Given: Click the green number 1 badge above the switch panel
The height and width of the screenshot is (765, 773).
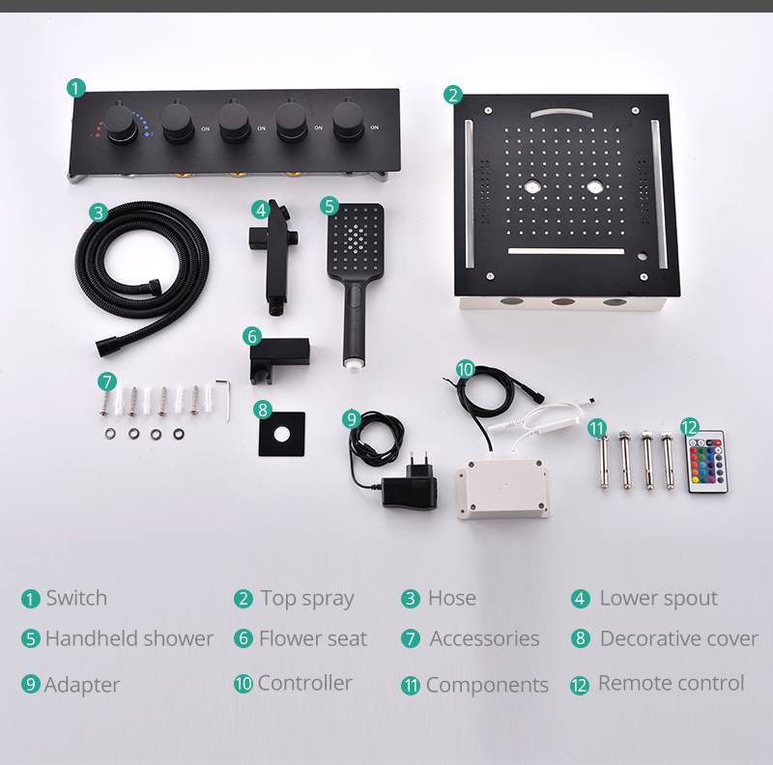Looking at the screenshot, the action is pos(76,88).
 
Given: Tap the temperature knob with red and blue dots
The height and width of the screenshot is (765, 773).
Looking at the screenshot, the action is pos(120,125).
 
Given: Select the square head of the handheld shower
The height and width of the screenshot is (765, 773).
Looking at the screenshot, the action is pos(355,241).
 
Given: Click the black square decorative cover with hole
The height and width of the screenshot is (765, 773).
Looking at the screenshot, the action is pos(282,435).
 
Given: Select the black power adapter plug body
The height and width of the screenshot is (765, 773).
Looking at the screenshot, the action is pos(409,488).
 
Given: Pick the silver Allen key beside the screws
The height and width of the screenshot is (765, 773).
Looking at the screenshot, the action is pos(224,399).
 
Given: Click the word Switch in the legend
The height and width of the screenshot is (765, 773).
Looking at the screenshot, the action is pos(76,598).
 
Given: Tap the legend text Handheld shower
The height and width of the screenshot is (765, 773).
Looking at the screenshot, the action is pos(129,638).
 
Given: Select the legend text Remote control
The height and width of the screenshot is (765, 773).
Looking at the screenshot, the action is pos(671,683).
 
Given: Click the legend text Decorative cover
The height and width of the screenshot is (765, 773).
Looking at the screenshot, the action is pos(679,638).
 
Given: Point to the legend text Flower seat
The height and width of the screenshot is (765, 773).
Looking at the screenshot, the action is pos(313,638).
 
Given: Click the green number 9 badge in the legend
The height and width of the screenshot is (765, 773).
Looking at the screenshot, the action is pos(30,684).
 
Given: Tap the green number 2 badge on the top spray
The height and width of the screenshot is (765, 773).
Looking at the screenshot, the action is pos(453,95).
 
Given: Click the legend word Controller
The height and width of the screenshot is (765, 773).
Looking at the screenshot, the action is pos(304,683).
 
